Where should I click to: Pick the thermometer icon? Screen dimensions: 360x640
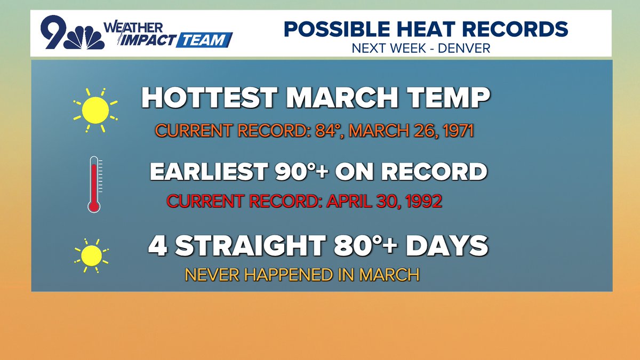point(94,183)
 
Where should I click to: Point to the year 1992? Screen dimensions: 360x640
point(422,202)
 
